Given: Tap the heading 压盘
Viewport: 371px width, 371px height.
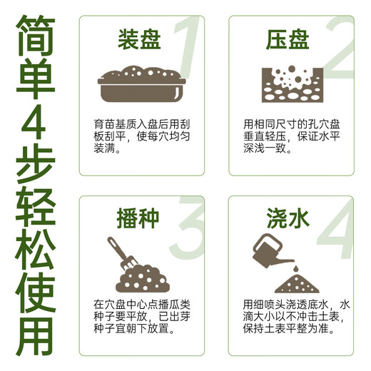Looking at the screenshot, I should tap(288, 39).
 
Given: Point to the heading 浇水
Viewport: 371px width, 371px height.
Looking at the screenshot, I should tap(288, 217).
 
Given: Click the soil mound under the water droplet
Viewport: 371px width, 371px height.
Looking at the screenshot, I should tap(293, 283).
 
